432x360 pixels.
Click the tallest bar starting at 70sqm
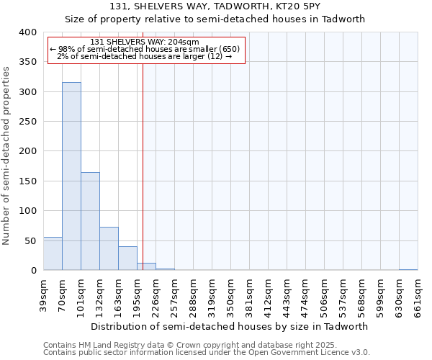71,176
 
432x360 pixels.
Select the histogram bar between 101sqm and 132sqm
90,221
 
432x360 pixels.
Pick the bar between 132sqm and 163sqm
109,248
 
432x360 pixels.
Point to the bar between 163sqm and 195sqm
127,258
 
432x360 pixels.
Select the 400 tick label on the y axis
27,32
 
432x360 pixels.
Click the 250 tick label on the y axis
27,122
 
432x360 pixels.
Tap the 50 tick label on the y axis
30,240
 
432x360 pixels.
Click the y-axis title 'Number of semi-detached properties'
6,155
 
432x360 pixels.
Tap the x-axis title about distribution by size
230,326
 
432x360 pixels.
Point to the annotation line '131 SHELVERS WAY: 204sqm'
145,42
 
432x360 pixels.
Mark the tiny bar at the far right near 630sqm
408,269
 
